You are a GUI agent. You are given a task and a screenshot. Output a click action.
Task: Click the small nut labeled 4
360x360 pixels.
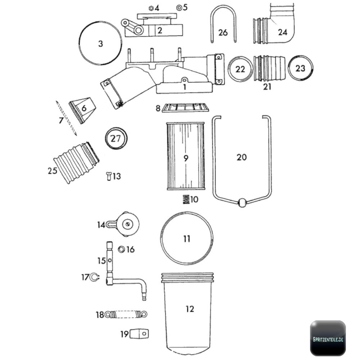(151, 8)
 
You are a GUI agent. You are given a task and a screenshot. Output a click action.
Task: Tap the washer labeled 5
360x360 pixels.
(179, 7)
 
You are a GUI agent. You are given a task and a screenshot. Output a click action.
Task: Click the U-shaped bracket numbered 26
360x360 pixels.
(223, 11)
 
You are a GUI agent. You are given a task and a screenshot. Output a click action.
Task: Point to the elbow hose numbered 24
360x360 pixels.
(284, 29)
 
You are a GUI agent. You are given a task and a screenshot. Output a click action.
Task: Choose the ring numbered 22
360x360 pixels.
(240, 69)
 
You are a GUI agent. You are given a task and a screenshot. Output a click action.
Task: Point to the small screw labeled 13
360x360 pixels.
(109, 176)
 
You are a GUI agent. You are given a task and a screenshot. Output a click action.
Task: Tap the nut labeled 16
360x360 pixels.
(122, 249)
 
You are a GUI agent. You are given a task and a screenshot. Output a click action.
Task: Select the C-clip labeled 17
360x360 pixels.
(94, 277)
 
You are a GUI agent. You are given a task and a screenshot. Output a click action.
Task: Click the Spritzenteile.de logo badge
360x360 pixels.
(328, 338)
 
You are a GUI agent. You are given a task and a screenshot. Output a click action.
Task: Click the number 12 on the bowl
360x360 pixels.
(190, 309)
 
